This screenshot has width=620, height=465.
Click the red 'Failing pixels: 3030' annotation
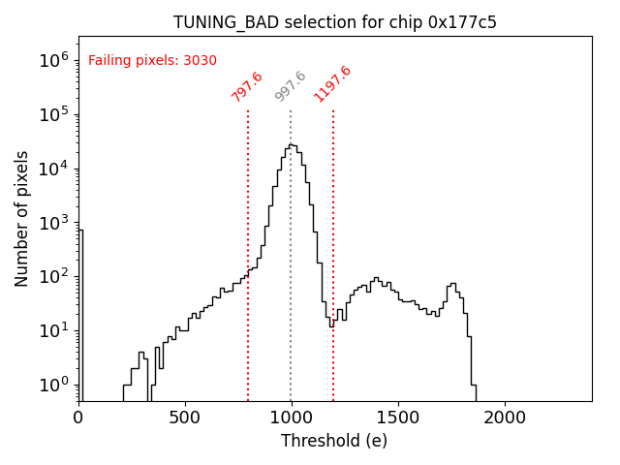(152, 60)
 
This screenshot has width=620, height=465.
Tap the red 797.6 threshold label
(247, 86)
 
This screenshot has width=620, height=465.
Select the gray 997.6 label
(291, 86)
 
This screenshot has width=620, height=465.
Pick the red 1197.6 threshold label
(332, 83)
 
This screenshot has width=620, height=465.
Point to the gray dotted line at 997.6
(291, 291)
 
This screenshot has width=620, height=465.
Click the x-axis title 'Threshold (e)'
(334, 441)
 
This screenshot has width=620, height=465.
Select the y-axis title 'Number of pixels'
(22, 218)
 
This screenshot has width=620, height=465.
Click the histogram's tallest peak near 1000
(292, 145)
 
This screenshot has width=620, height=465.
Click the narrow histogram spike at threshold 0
(80, 310)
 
